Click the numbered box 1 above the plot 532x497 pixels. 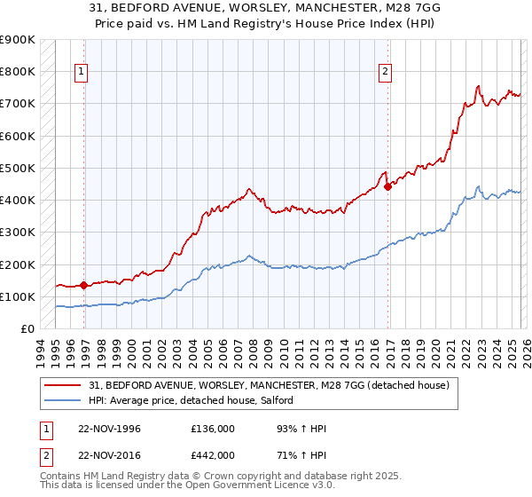coord(82,73)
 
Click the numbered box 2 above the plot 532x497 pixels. coord(387,73)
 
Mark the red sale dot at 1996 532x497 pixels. coord(84,285)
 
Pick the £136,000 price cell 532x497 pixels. coord(213,429)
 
